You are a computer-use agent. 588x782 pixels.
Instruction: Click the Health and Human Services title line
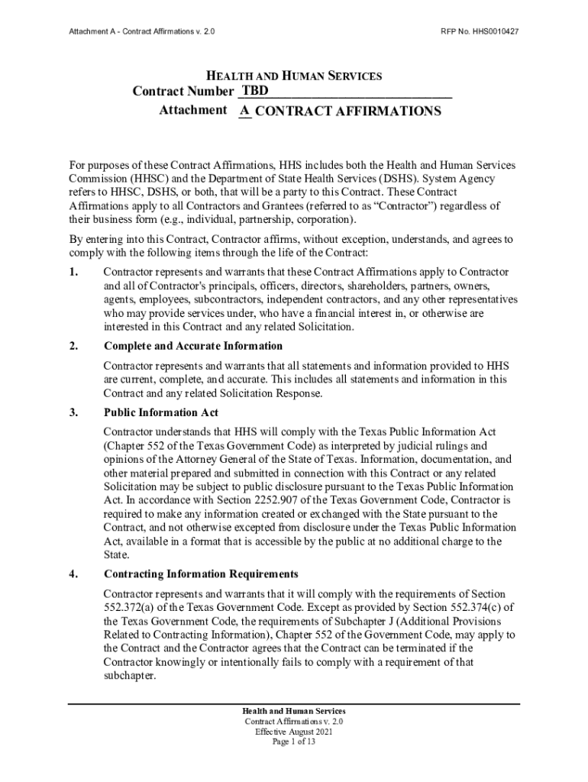(x=295, y=76)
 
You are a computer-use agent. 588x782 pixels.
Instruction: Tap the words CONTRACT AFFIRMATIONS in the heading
(x=348, y=111)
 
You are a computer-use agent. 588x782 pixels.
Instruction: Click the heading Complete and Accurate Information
(x=183, y=346)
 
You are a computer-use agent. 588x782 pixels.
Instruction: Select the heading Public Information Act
(x=161, y=413)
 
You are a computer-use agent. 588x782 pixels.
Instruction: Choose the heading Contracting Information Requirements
(x=201, y=574)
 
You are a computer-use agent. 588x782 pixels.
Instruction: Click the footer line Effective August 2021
(x=294, y=732)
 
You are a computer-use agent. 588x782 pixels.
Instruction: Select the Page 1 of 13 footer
(x=294, y=742)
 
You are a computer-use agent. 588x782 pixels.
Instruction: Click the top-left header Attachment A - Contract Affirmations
(x=141, y=32)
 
